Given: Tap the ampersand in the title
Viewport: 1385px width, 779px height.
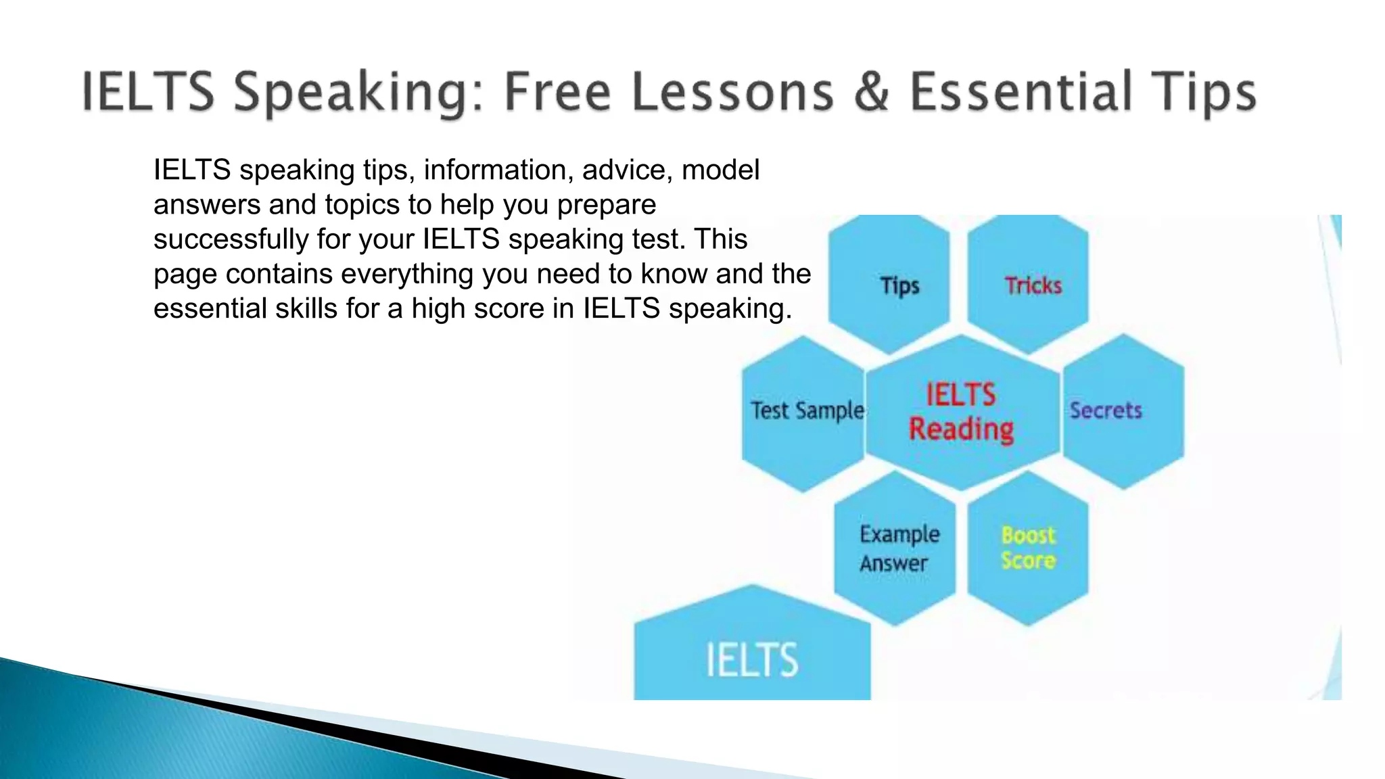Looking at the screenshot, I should coord(871,92).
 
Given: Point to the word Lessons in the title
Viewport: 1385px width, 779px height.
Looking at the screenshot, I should coord(732,92).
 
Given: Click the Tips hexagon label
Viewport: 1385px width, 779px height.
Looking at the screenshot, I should coord(899,286).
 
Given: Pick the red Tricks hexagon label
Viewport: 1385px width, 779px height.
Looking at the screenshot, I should coord(1033,285).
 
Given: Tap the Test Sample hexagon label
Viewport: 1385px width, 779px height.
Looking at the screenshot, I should coord(807,410).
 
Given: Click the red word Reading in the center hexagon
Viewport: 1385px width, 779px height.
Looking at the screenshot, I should coord(961,429).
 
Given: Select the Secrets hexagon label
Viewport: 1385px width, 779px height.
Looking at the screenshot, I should coord(1106,410).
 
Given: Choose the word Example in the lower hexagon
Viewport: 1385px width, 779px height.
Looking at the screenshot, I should coord(899,534).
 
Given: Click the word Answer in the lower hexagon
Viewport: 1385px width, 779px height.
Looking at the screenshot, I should coord(893,563).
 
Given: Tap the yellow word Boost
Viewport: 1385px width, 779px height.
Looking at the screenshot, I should coord(1028,536).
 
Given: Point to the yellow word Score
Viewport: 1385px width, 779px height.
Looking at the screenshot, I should coord(1028,561).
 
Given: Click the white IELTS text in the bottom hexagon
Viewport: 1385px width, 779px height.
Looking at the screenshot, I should coord(752,661).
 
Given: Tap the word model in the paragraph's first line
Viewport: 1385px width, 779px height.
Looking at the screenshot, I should coord(720,170).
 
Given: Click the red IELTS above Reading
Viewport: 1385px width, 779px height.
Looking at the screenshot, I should coord(960,395).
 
